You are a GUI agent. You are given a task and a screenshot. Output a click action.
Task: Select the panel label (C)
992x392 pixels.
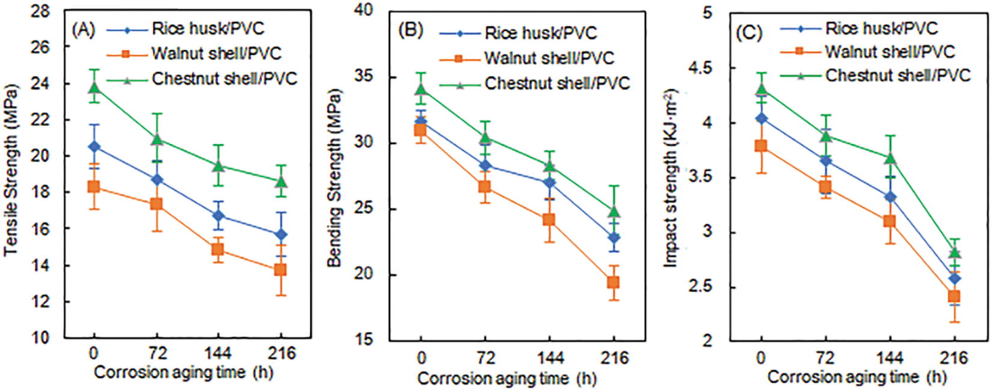click(749, 32)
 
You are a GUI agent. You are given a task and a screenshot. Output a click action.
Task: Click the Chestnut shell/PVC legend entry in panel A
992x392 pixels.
click(224, 79)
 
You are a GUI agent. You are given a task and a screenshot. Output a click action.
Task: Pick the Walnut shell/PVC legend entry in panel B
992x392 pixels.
click(549, 58)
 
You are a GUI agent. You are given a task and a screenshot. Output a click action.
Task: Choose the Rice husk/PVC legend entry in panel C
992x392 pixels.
click(881, 28)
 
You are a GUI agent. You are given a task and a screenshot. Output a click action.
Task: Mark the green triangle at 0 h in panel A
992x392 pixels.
click(94, 88)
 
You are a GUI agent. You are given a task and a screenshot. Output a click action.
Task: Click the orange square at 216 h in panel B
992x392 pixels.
click(613, 282)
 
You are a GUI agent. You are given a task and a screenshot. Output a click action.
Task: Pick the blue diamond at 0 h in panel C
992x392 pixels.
click(761, 118)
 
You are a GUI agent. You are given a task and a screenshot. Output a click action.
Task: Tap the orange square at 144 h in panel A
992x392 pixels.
click(217, 250)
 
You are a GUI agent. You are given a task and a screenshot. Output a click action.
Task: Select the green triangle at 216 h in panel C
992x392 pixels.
click(954, 253)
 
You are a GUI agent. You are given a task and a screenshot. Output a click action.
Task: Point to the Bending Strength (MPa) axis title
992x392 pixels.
click(334, 178)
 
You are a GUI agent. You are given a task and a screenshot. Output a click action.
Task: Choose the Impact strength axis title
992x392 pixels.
click(670, 178)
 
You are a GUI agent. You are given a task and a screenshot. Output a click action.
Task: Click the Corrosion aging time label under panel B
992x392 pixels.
click(506, 379)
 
